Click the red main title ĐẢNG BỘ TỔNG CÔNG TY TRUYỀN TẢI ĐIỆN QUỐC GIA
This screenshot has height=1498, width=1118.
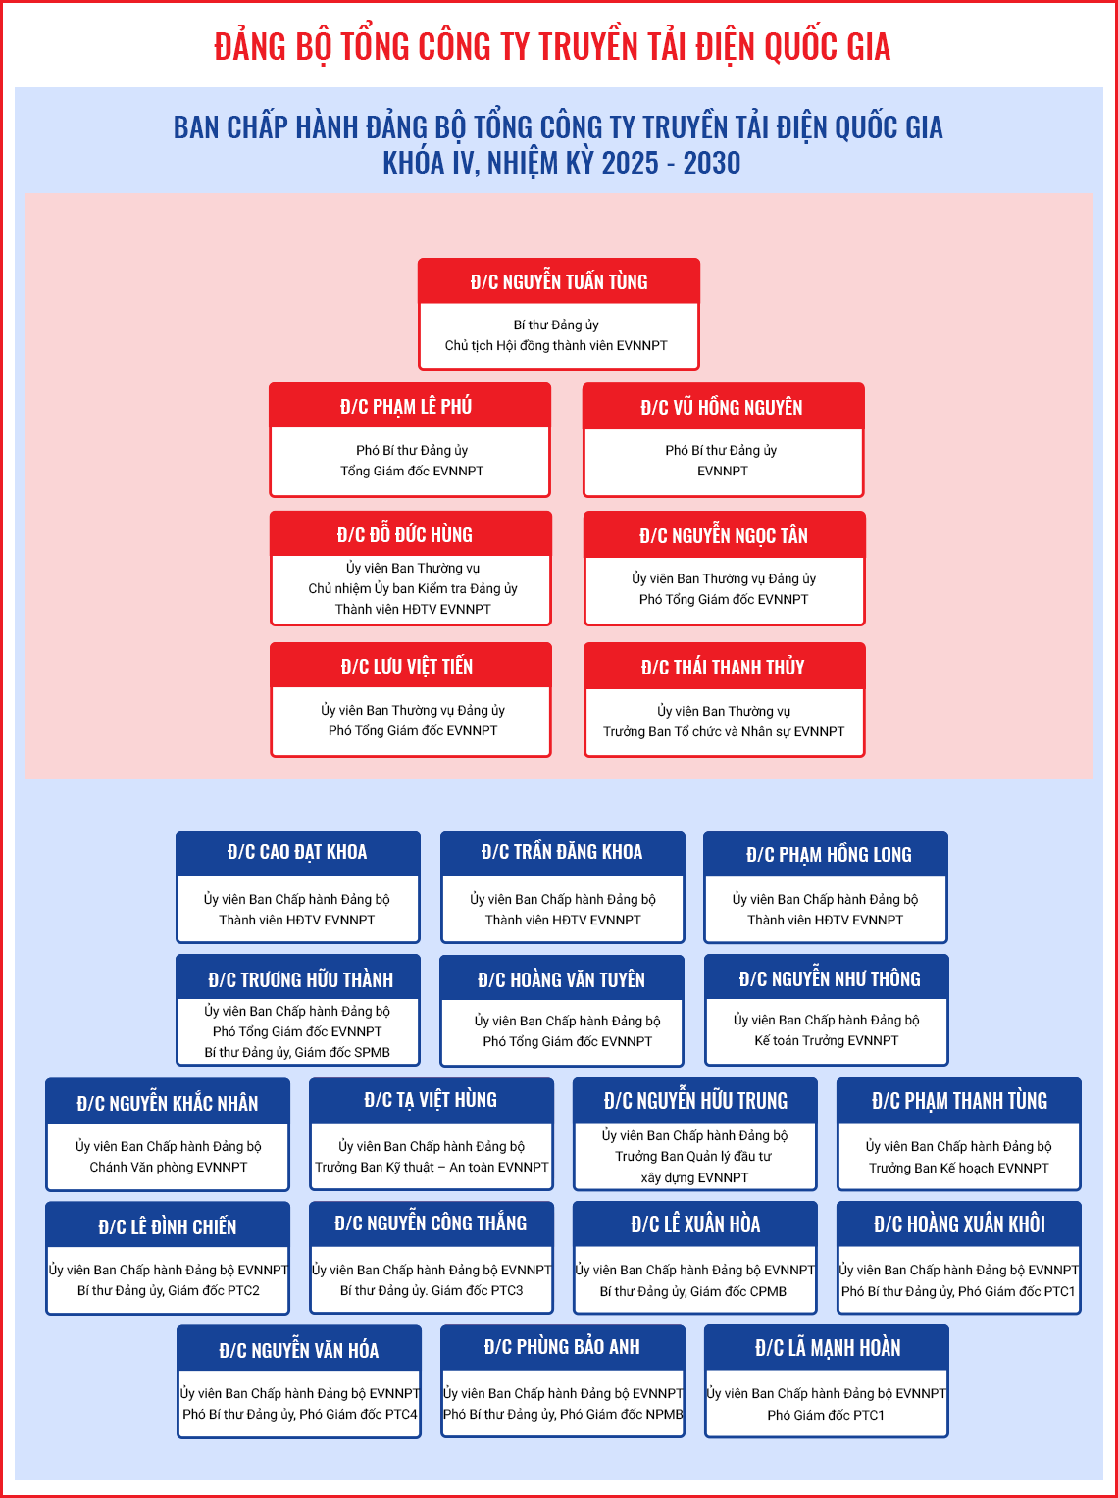click(552, 46)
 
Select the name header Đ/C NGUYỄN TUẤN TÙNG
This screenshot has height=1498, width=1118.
click(559, 281)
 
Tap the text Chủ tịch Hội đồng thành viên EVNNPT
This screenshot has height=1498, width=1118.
click(556, 345)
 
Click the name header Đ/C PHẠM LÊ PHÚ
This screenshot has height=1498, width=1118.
click(406, 406)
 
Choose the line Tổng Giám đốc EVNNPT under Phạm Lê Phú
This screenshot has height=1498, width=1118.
click(412, 471)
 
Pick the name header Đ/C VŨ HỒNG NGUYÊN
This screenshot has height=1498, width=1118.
click(722, 407)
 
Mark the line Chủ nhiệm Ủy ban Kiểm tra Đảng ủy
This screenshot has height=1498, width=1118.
click(413, 588)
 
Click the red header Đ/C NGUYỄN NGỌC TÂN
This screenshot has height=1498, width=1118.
click(724, 535)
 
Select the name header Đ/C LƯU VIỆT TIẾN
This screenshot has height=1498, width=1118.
click(407, 666)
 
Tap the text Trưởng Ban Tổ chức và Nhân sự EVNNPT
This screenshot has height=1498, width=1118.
click(724, 731)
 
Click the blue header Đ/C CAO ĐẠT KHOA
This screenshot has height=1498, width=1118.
click(297, 852)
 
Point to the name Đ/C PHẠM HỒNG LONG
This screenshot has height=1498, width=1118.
click(829, 855)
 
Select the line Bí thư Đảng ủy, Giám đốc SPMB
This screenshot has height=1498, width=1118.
click(297, 1052)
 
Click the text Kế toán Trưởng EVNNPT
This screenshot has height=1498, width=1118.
click(827, 1040)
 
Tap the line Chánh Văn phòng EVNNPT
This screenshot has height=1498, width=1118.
click(169, 1167)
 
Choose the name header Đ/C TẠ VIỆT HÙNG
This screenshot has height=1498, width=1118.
click(431, 1099)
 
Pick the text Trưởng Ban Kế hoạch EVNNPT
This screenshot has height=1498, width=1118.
click(959, 1168)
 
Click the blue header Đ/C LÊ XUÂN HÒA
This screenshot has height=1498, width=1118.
click(695, 1223)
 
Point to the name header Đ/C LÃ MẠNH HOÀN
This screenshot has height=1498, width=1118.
click(828, 1347)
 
